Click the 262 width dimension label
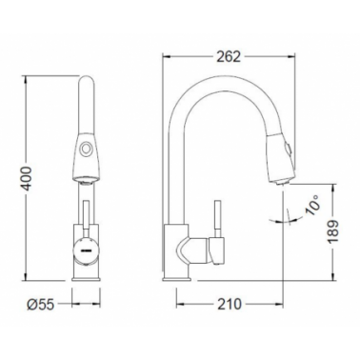tap(229, 57)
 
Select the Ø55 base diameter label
tap(41, 305)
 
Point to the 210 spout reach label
tap(230, 304)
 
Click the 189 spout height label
tap(333, 231)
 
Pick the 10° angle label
tap(312, 206)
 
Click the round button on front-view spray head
tap(86, 149)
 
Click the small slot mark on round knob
tap(86, 250)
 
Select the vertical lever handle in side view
tap(218, 218)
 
